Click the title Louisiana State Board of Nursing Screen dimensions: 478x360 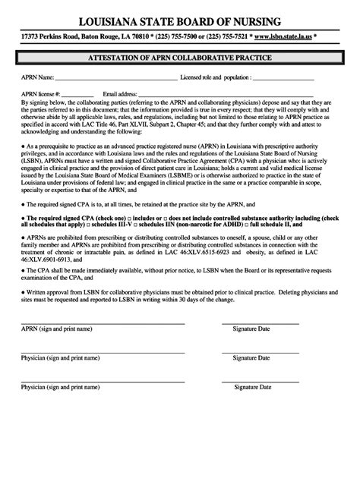[x=180, y=20]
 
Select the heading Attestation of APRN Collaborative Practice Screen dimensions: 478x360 [x=180, y=58]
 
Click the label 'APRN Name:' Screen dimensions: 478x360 [x=37, y=77]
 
